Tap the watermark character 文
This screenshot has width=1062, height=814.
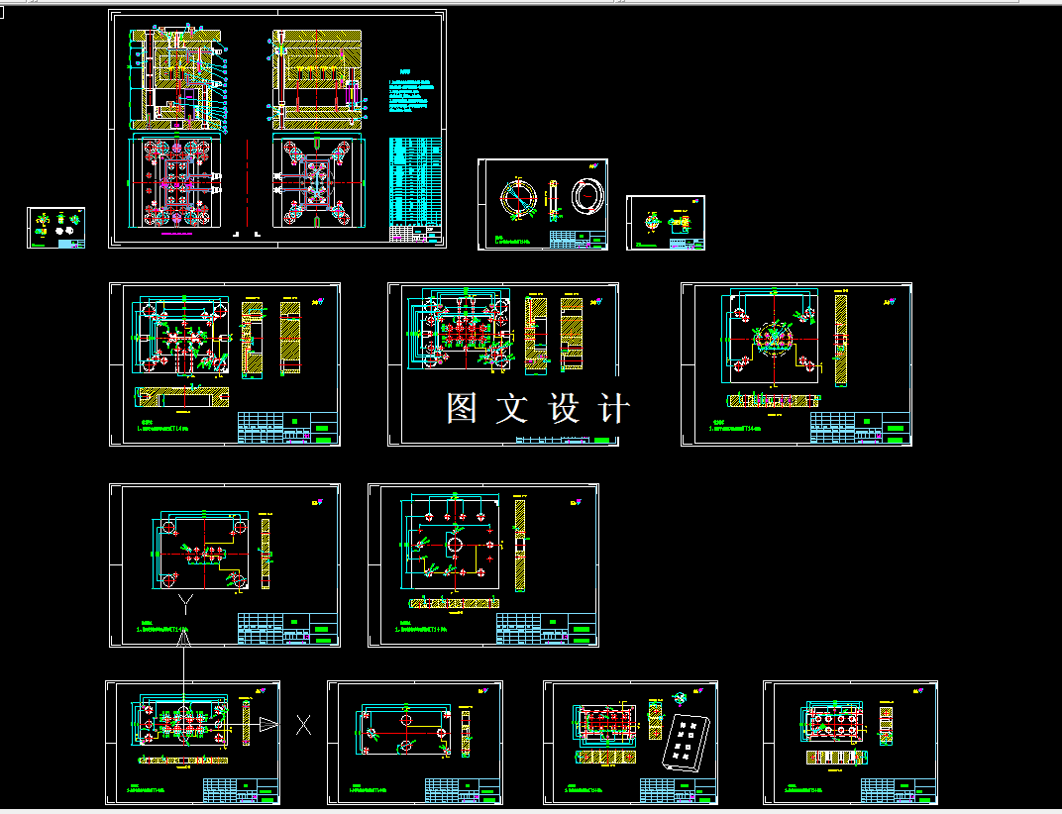[512, 408]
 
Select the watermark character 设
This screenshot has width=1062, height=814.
[563, 408]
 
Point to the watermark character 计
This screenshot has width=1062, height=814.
[612, 408]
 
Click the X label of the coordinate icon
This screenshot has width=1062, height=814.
[303, 726]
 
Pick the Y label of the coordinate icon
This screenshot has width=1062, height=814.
[184, 601]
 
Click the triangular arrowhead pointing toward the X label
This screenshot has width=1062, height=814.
[268, 726]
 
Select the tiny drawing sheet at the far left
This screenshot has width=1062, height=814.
[55, 228]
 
